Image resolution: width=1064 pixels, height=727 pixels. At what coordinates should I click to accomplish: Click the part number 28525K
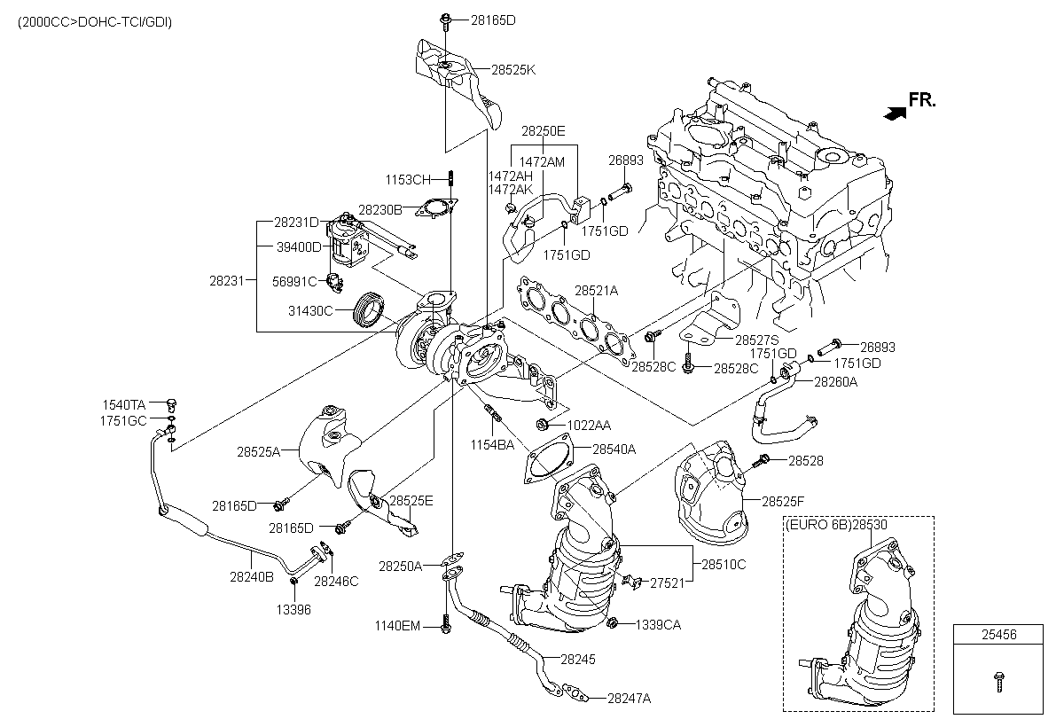[515, 69]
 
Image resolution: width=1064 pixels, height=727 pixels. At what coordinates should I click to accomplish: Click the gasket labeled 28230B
[434, 207]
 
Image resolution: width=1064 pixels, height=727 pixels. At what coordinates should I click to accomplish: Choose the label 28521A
[596, 290]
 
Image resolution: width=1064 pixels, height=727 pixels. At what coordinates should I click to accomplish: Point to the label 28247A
[629, 698]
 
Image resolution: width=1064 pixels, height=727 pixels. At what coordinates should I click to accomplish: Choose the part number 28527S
[756, 340]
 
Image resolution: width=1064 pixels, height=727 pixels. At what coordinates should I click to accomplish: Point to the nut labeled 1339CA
[612, 623]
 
